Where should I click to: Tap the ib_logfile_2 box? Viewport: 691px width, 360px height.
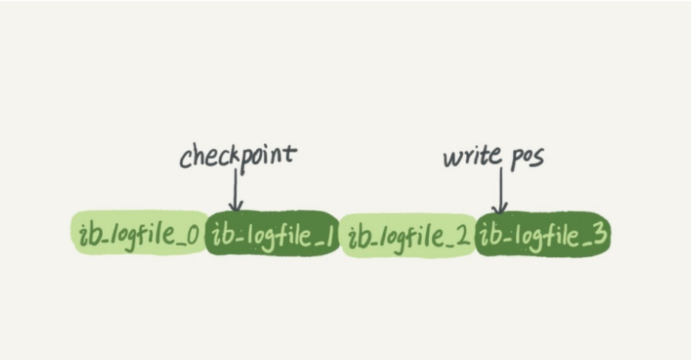coord(408,235)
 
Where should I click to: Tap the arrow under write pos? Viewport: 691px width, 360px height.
coord(500,191)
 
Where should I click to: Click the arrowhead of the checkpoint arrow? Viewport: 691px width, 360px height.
coord(236,206)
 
